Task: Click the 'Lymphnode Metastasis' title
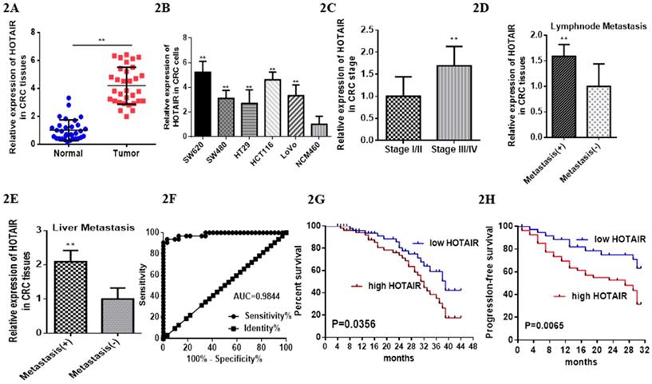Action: (x=592, y=25)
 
